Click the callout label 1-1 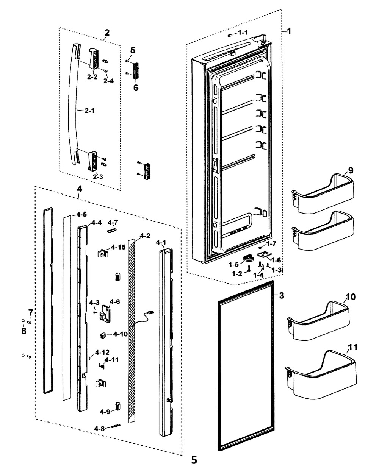coord(242,33)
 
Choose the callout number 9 coord(351,170)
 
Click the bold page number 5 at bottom coord(194,460)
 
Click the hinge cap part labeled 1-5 coord(248,259)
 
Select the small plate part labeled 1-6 coord(263,257)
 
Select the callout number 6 coord(136,87)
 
